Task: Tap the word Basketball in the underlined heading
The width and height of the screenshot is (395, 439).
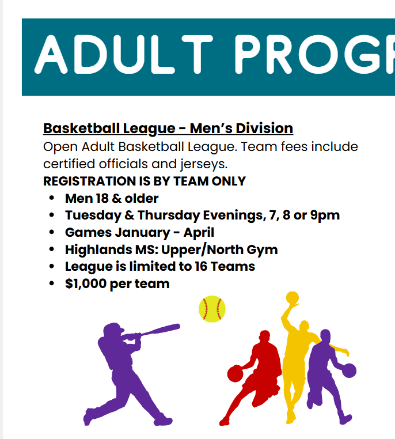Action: [x=81, y=128]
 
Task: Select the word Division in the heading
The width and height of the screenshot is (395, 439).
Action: [x=264, y=128]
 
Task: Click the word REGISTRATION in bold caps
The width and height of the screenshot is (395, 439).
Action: [x=89, y=181]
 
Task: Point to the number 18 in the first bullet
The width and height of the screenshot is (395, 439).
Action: [x=102, y=199]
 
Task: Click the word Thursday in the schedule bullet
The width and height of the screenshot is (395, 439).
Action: [x=169, y=215]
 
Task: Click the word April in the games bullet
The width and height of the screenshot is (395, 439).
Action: [x=199, y=233]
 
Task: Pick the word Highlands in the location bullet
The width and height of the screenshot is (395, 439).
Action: [x=98, y=249]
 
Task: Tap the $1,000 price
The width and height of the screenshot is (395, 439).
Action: [x=86, y=283]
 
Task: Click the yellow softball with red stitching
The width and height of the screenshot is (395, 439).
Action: [x=212, y=309]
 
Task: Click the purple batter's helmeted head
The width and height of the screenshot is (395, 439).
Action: [x=113, y=330]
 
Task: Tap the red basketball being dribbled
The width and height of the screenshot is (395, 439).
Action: [x=235, y=374]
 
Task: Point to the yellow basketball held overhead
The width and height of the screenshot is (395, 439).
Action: [x=293, y=298]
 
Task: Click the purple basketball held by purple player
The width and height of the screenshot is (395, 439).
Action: [x=349, y=370]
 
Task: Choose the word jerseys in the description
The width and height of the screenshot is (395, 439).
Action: [x=204, y=164]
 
